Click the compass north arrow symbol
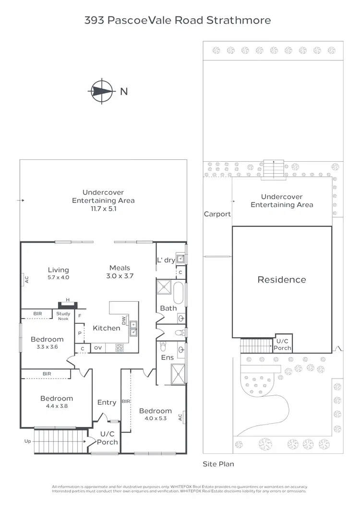[x=102, y=91]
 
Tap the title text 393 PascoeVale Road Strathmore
[x=178, y=20]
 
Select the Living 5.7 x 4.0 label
[x=59, y=273]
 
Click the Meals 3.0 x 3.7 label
[x=120, y=272]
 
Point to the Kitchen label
[x=106, y=328]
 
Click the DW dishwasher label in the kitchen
[x=123, y=320]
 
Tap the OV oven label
[x=98, y=348]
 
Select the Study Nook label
[x=63, y=316]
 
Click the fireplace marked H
[x=68, y=304]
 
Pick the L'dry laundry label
[x=166, y=260]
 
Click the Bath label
[x=168, y=308]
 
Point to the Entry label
[x=107, y=402]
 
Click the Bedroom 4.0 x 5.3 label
[x=155, y=414]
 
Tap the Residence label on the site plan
[x=282, y=280]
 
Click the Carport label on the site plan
[x=217, y=214]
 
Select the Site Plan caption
[x=218, y=464]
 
